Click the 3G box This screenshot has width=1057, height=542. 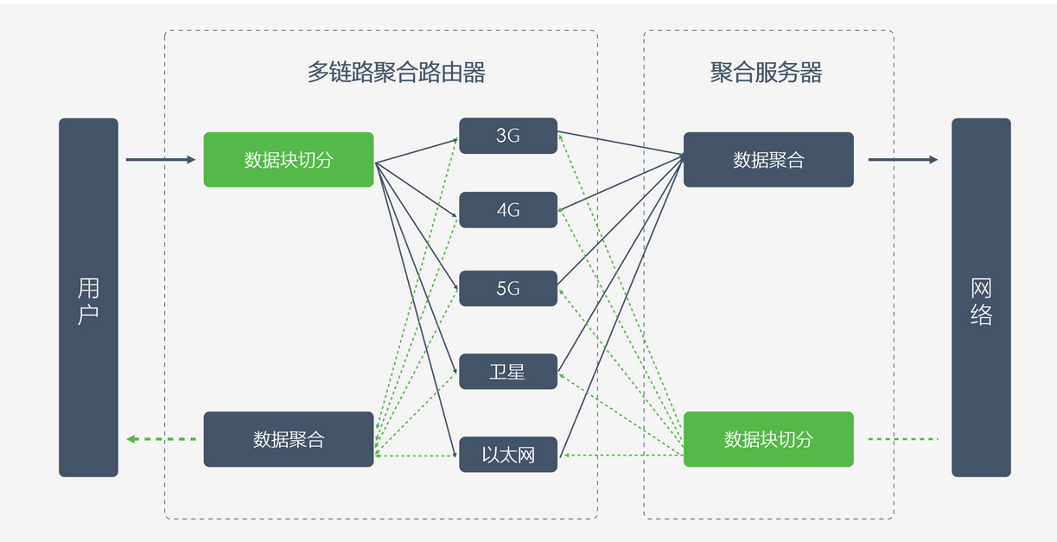pos(508,136)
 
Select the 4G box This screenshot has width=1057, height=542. pos(508,209)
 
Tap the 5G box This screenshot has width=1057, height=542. pos(508,288)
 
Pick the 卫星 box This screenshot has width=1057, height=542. pos(508,372)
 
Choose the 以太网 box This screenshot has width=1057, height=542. pos(508,454)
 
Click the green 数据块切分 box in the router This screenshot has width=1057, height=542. pos(289,160)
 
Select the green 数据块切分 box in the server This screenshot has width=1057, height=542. pos(768,439)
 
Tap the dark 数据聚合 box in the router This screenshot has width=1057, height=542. pos(289,439)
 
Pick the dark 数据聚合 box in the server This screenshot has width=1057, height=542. pos(768,160)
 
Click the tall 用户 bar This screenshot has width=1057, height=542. pos(88,297)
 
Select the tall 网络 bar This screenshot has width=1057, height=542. pos(981,297)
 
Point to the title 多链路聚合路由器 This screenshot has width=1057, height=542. pos(397,73)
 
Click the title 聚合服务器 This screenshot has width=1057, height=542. pos(767,73)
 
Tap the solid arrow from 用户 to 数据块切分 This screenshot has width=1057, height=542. pos(161,160)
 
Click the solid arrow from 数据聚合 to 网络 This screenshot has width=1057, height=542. pos(903,160)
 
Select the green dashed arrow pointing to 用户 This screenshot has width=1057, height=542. pos(162,439)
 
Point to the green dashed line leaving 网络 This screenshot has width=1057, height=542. pos(903,439)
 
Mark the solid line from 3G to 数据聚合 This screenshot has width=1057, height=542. pos(621,143)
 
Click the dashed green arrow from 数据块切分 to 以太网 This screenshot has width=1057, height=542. pos(624,456)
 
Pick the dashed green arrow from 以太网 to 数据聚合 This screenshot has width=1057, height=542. pos(416,456)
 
